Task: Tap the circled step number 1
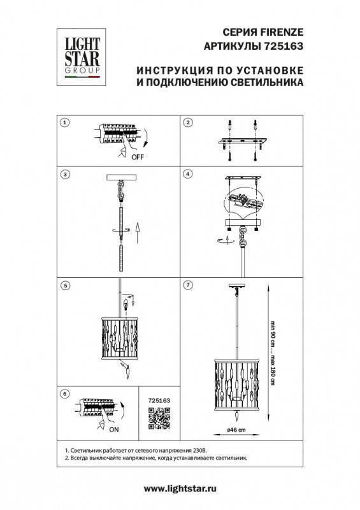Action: (64, 122)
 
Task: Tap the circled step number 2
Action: (188, 122)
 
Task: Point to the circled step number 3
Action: (64, 173)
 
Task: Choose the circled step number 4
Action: (188, 173)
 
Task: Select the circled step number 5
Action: (64, 284)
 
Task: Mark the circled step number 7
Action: (188, 284)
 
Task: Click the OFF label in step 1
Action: (138, 156)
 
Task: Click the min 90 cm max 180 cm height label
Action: (273, 350)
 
